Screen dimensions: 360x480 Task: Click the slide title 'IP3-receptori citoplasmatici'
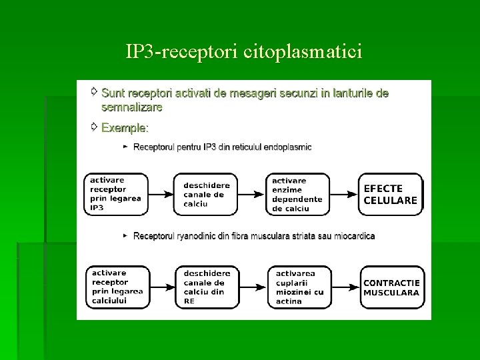coord(243,51)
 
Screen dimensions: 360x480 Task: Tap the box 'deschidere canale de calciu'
coord(206,195)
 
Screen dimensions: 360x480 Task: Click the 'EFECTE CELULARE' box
coord(391,194)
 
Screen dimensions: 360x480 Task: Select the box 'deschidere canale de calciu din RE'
coord(207,287)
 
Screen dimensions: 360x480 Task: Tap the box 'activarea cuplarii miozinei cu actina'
coord(299,287)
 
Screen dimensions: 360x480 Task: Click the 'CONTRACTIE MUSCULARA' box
coord(392,287)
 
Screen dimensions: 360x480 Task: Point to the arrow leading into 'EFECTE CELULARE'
coord(345,195)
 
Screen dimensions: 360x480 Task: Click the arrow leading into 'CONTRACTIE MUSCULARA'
coord(346,287)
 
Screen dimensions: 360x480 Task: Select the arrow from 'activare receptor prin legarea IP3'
coord(161,195)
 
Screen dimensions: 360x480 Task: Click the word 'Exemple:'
coord(125,127)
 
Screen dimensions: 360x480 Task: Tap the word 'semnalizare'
coord(131,106)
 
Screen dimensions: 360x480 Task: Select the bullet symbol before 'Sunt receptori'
coord(94,91)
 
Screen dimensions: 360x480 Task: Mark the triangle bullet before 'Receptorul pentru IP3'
coord(125,147)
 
